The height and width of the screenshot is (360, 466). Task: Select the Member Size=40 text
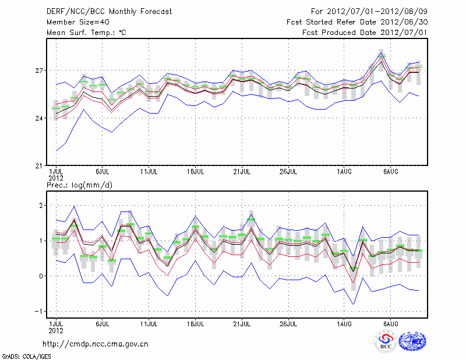tap(73, 22)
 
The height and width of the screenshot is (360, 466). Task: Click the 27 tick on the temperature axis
tap(40, 70)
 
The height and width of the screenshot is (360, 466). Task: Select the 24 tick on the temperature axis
tap(40, 118)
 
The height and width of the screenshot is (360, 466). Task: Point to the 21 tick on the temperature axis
tap(40, 165)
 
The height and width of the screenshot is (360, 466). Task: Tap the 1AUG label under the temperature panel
tap(344, 172)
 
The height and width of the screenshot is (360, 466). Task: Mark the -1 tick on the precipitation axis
tap(40, 311)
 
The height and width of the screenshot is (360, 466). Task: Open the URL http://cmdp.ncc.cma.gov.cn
tap(96, 344)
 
